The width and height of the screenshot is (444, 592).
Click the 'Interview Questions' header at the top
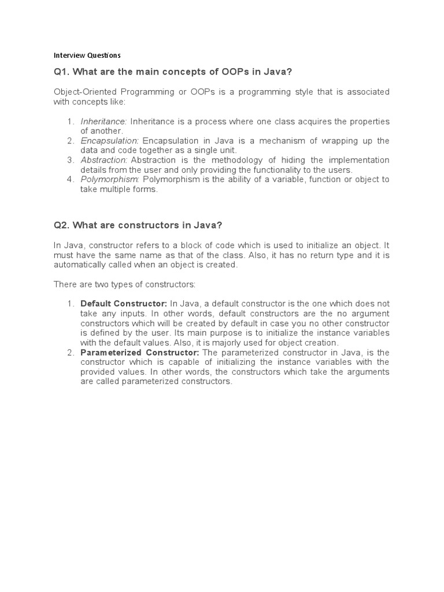(87, 55)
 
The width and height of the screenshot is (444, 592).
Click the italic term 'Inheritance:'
(104, 121)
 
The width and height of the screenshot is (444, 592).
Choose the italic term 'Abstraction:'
(104, 160)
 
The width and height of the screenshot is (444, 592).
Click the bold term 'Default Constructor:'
(124, 304)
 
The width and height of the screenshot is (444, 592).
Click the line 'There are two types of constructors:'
(125, 284)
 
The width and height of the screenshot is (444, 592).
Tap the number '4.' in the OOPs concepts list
(71, 179)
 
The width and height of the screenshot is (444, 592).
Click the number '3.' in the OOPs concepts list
(71, 160)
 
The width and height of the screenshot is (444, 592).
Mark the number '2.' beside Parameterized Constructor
(71, 353)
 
